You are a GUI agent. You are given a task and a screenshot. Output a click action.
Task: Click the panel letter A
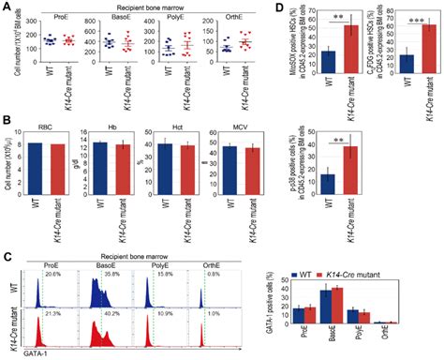click(x=6, y=7)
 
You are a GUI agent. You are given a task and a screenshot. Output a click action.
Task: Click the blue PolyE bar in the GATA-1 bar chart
click(x=382, y=316)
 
